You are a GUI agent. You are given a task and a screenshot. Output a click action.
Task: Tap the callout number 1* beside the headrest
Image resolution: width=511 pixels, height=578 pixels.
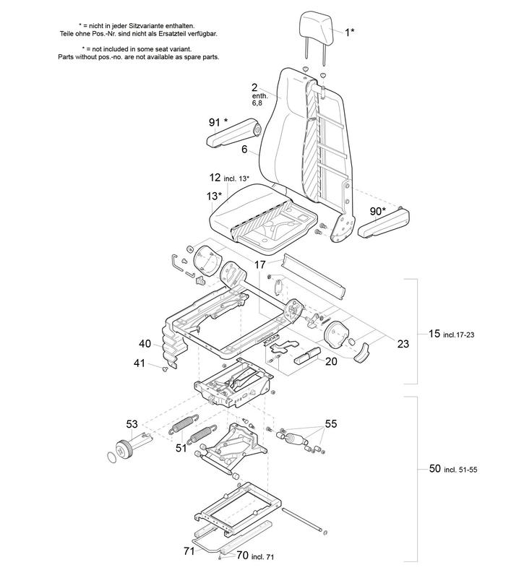pos(349,32)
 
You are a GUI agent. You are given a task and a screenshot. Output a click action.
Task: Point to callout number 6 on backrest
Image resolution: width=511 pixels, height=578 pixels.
pos(244,150)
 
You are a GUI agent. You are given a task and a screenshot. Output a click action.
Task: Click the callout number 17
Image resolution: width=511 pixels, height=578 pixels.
pos(259,265)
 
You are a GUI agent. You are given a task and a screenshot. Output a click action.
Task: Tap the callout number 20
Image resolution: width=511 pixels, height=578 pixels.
pos(330,361)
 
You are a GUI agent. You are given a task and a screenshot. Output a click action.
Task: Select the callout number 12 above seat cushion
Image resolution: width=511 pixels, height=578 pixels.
pos(215,177)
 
